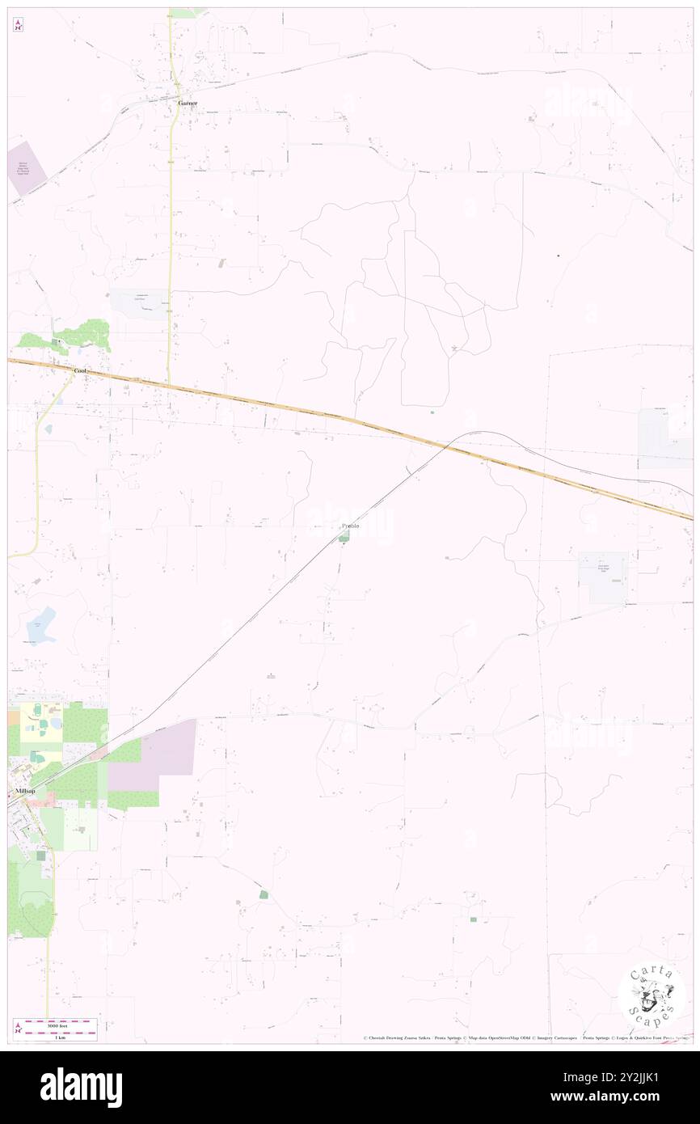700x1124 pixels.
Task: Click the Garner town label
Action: pyautogui.click(x=188, y=103)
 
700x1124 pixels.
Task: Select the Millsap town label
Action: pyautogui.click(x=27, y=790)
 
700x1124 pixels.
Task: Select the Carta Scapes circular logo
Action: pyautogui.click(x=652, y=996)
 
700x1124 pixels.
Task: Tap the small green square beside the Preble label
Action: pyautogui.click(x=344, y=537)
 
